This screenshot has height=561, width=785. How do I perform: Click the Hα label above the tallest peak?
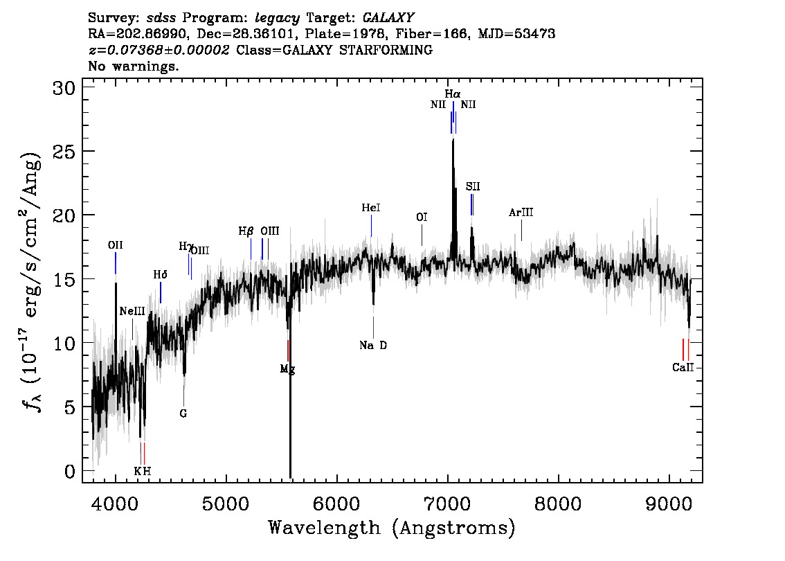(453, 94)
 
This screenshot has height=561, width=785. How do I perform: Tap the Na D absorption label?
(373, 345)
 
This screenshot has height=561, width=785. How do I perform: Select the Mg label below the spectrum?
(287, 370)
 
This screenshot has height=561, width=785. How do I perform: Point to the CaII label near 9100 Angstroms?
(683, 367)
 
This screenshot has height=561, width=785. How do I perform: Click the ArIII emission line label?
(521, 213)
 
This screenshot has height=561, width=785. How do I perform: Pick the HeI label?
(371, 207)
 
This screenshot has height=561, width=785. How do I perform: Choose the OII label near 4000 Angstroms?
(115, 245)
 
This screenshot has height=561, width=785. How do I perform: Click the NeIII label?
(132, 312)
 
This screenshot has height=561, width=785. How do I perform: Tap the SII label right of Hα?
(473, 187)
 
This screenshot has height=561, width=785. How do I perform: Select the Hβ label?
(246, 231)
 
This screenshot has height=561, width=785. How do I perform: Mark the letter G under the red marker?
(183, 413)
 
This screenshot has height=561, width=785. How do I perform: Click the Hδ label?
(160, 274)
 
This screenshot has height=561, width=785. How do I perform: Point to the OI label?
(422, 217)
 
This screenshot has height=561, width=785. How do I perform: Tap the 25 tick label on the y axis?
(64, 151)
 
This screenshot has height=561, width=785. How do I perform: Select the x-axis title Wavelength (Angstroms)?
(392, 528)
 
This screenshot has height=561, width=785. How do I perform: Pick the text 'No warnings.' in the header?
(133, 66)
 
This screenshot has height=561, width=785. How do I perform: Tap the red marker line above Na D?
(374, 328)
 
